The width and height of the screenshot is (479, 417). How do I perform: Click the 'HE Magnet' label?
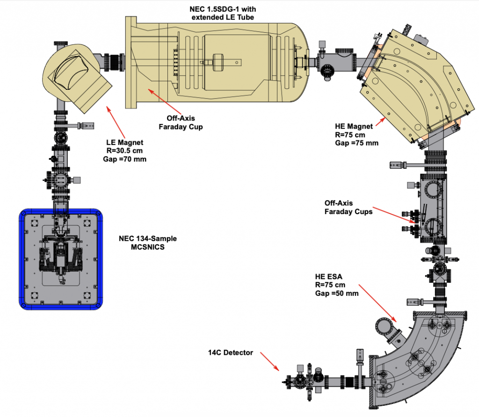pyautogui.click(x=354, y=126)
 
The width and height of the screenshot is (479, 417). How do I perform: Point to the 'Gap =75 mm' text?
pyautogui.click(x=356, y=143)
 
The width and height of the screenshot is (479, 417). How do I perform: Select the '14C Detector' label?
pyautogui.click(x=231, y=352)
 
